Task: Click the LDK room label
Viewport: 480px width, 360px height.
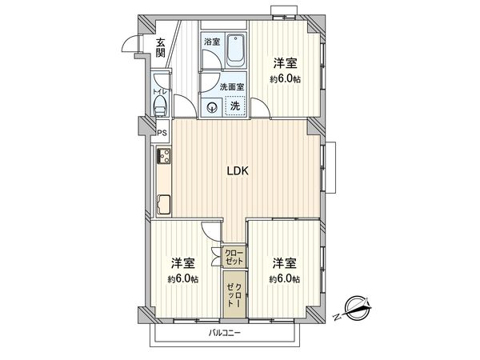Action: [x=236, y=170]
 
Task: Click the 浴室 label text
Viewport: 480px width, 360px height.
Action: [x=210, y=41]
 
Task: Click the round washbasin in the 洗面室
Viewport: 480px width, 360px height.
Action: [x=213, y=106]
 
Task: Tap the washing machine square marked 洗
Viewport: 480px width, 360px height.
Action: [x=235, y=106]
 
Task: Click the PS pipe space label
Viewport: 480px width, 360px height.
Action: [x=162, y=134]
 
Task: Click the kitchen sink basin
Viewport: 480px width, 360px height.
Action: [x=163, y=204]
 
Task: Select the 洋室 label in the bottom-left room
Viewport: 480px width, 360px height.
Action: [x=183, y=262]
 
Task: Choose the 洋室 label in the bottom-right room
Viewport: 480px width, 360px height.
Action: [x=284, y=262]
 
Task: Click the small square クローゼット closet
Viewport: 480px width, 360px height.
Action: [x=233, y=258]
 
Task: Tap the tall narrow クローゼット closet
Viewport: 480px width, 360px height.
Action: [x=234, y=292]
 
